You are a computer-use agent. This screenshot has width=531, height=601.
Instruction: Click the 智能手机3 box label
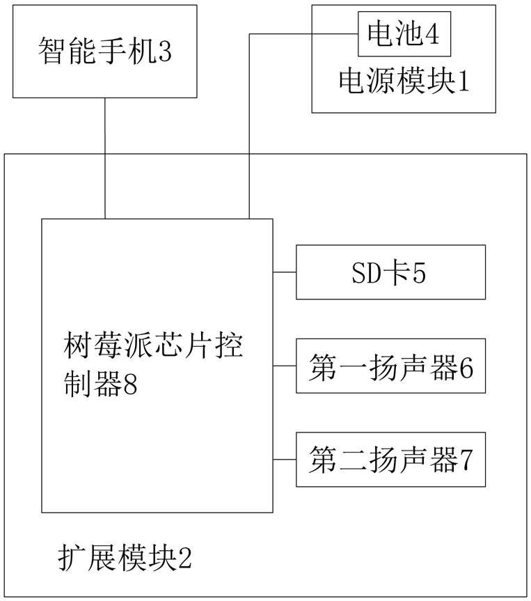(x=105, y=51)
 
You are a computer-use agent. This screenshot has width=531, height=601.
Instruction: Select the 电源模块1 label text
(x=404, y=81)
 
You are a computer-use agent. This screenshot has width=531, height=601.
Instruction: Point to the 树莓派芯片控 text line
(x=153, y=346)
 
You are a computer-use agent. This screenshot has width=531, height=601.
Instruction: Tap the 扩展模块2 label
(x=125, y=558)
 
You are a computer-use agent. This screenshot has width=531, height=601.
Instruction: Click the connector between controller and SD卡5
(x=284, y=272)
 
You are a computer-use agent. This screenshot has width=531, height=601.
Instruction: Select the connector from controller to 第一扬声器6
(x=284, y=366)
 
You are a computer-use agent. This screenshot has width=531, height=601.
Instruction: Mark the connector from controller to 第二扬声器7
(x=284, y=460)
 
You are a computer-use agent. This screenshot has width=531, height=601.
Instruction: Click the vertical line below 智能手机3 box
(x=105, y=158)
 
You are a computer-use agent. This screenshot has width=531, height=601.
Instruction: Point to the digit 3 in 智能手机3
(x=165, y=52)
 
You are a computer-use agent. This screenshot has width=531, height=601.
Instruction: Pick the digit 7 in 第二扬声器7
(x=466, y=460)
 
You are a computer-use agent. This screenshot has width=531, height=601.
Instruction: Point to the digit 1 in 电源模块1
(x=464, y=81)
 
